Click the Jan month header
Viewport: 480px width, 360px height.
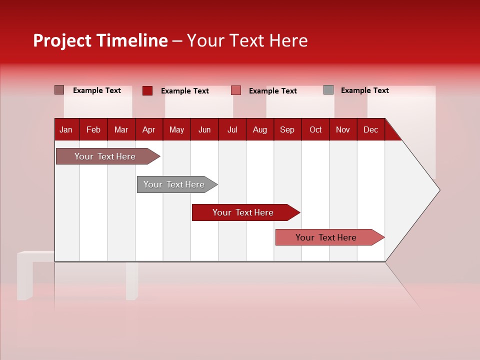click(x=66, y=129)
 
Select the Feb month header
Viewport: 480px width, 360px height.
click(x=93, y=129)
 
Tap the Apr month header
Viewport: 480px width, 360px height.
click(x=148, y=129)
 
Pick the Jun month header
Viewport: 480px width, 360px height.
click(x=204, y=129)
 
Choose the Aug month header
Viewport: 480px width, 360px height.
click(x=259, y=129)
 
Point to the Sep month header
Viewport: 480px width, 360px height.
click(x=287, y=129)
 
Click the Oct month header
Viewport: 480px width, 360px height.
click(x=315, y=129)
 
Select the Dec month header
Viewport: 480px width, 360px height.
click(x=370, y=129)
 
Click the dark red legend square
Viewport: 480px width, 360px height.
click(x=147, y=90)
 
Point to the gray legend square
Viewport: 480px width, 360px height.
click(x=328, y=90)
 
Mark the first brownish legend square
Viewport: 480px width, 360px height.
click(x=59, y=90)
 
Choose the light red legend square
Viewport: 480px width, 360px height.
click(x=236, y=90)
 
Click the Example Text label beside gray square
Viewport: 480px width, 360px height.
click(x=364, y=90)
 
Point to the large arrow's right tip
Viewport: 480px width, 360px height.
click(x=439, y=189)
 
